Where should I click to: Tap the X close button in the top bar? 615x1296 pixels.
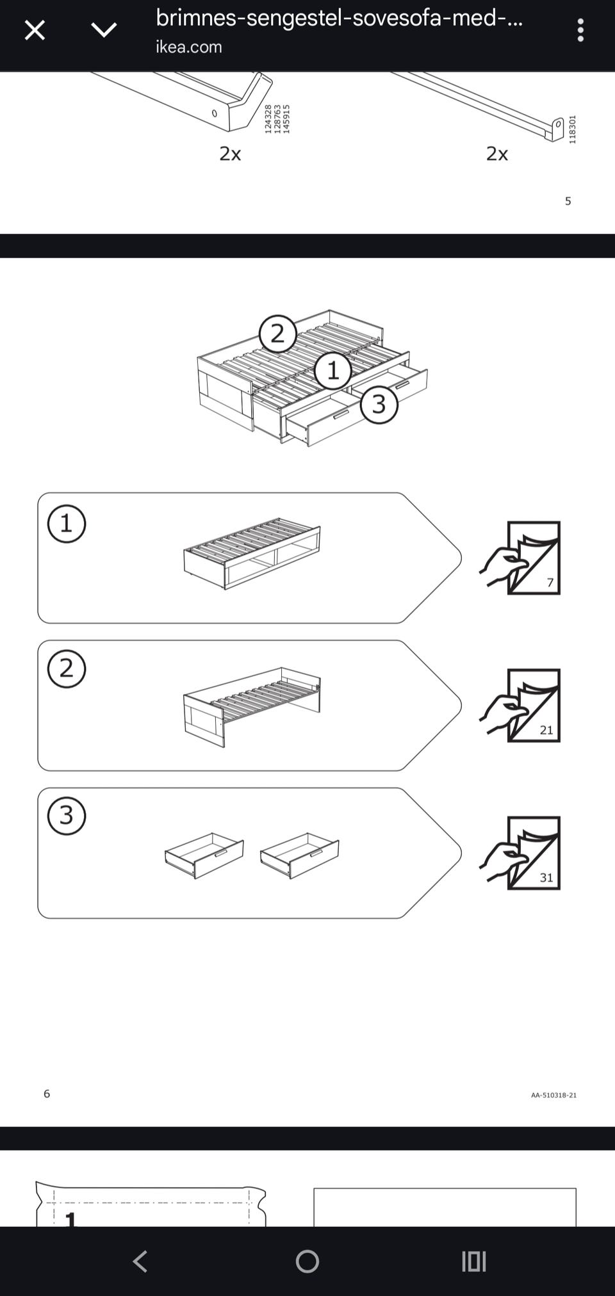35,30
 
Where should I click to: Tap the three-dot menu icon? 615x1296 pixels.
580,30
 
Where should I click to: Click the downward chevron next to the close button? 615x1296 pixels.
104,29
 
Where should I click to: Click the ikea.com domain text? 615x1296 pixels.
188,47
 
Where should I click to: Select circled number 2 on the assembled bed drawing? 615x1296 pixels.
277,334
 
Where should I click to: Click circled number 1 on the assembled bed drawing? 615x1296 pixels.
332,370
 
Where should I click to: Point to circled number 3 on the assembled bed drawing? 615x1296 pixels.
379,404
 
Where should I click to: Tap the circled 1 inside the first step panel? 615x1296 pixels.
67,524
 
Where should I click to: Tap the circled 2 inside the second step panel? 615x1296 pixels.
67,668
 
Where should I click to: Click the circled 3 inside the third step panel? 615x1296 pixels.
67,816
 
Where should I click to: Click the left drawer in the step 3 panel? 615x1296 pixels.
204,855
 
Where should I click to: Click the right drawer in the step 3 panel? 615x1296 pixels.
299,855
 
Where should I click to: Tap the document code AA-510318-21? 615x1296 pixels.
553,1095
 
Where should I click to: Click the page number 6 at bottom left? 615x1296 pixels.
47,1094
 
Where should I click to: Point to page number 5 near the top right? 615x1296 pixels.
568,201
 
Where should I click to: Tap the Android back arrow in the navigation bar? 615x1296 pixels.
140,1261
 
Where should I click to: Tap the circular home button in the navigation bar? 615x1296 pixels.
307,1261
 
